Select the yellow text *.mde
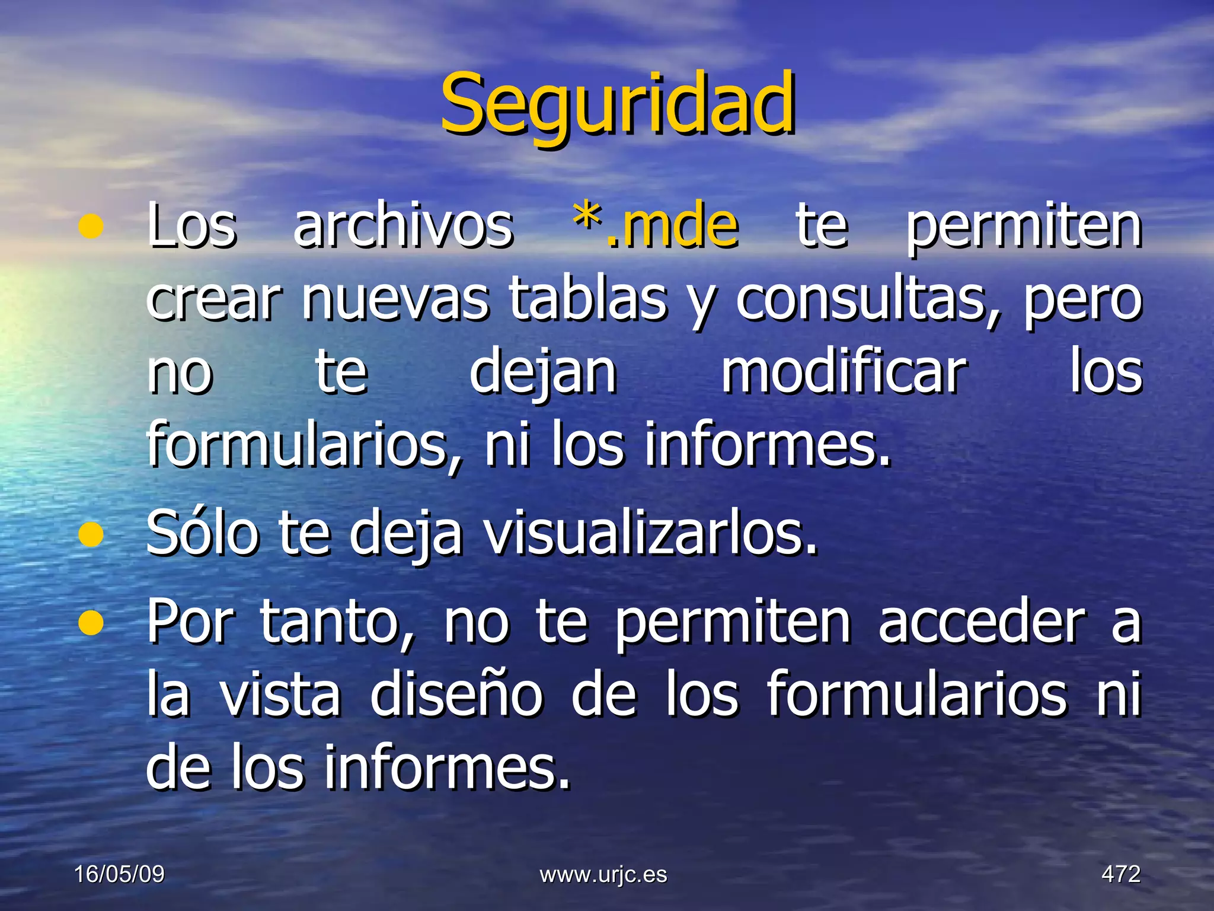pos(656,225)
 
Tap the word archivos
pos(403,225)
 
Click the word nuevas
pos(395,299)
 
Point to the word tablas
pos(588,299)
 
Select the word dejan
pos(543,374)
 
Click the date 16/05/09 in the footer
pos(119,874)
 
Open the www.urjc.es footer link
pos(603,874)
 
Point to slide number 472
pos(1121,874)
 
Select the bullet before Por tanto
pos(91,622)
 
